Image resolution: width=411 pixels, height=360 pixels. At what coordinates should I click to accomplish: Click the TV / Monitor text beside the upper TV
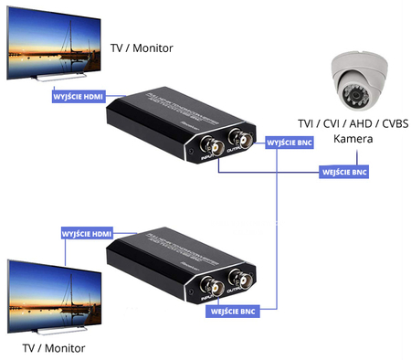(x=141, y=47)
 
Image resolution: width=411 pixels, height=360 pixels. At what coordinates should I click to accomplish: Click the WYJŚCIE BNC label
(x=289, y=143)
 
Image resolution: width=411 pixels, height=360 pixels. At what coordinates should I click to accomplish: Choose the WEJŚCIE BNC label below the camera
(x=345, y=171)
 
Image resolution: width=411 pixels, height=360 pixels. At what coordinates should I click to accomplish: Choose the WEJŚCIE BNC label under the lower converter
(x=233, y=312)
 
